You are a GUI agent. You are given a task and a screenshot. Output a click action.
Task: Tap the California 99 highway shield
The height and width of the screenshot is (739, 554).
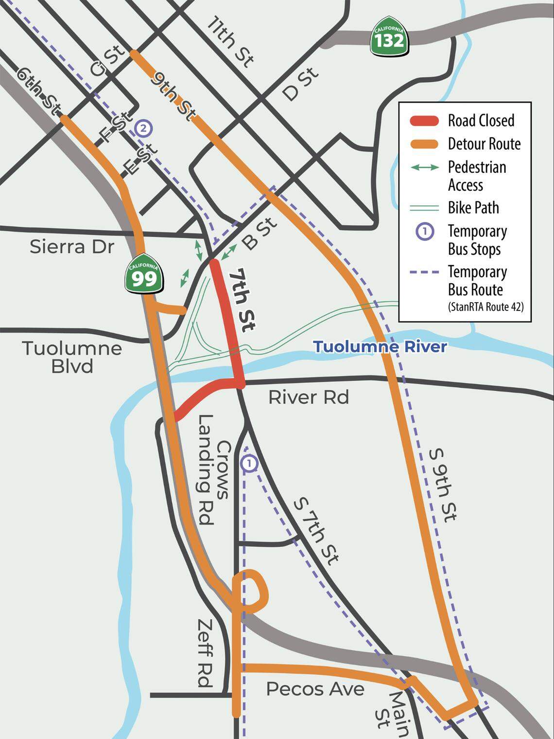(144, 276)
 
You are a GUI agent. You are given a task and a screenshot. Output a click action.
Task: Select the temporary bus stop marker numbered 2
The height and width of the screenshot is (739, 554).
(143, 128)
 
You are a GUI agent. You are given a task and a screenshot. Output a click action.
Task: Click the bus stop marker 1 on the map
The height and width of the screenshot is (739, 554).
(249, 464)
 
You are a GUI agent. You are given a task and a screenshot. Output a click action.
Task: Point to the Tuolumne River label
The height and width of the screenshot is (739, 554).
(380, 347)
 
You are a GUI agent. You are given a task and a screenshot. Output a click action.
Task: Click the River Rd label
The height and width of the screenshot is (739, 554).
(309, 397)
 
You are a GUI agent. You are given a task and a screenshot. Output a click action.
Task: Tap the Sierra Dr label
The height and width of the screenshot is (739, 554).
(72, 247)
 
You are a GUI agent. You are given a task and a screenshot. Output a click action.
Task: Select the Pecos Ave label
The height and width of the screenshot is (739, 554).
(315, 689)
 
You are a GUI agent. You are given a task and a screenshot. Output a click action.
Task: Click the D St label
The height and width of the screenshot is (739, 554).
(301, 84)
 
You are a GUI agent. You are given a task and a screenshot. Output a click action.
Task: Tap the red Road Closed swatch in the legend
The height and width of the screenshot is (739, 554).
(425, 121)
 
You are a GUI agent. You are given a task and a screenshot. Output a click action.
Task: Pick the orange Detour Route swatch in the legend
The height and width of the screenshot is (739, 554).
(425, 144)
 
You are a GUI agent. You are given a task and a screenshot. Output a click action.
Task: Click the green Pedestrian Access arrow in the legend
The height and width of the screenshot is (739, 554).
(425, 167)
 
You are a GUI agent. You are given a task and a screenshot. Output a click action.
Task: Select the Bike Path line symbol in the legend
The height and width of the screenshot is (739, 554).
(425, 208)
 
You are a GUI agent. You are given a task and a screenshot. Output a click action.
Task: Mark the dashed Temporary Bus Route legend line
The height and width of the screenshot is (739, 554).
(425, 272)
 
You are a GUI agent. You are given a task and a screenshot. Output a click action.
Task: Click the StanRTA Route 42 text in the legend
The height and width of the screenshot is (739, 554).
(485, 307)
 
